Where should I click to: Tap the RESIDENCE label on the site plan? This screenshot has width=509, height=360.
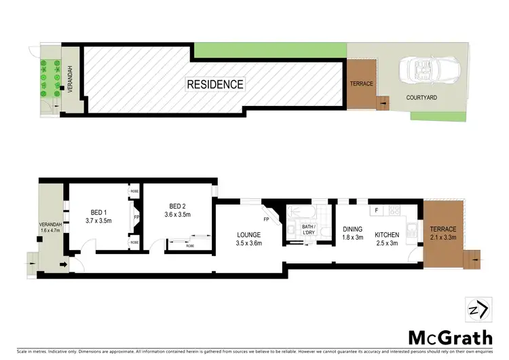coord(215,85)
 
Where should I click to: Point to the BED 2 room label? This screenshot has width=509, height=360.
coord(178,206)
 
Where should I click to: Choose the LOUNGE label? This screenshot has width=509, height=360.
coord(249,234)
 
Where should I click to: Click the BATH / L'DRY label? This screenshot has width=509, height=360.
coord(309,229)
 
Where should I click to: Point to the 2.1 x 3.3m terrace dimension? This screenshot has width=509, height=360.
coord(442,238)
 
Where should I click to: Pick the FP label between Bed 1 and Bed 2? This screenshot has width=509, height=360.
coord(136,218)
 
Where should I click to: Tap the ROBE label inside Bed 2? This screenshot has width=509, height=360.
coord(191,247)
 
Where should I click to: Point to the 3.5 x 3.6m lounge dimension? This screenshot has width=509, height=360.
coord(249,243)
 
